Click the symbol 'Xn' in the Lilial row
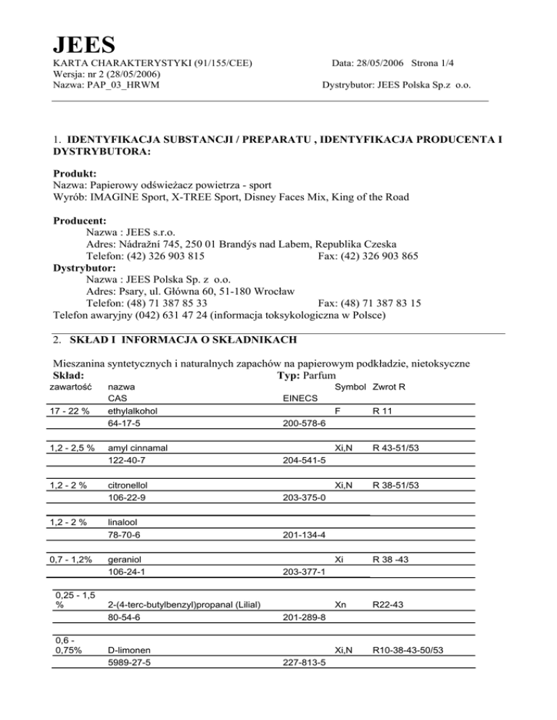click(x=341, y=604)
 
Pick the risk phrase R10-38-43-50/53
click(x=408, y=650)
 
